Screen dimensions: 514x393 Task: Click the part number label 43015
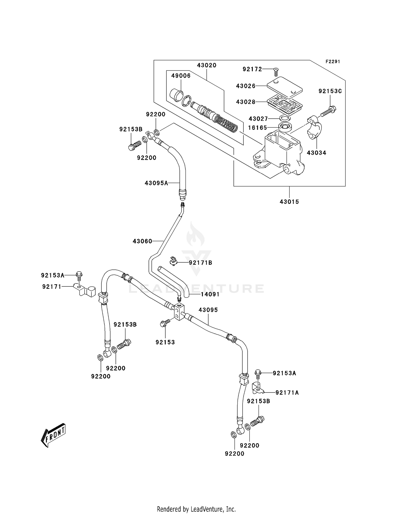click(289, 202)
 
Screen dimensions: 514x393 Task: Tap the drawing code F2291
click(332, 62)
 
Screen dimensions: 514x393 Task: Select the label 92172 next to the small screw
click(252, 69)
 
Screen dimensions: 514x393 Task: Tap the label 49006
click(181, 76)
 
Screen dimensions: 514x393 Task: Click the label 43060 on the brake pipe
click(142, 241)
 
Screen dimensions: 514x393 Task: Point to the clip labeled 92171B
click(173, 261)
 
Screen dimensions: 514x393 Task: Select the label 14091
click(210, 294)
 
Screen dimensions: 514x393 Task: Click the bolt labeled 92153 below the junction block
click(163, 324)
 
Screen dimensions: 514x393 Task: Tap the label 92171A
click(287, 393)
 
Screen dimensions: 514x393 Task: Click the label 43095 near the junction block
click(208, 310)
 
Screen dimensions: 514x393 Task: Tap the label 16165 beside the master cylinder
click(258, 128)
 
